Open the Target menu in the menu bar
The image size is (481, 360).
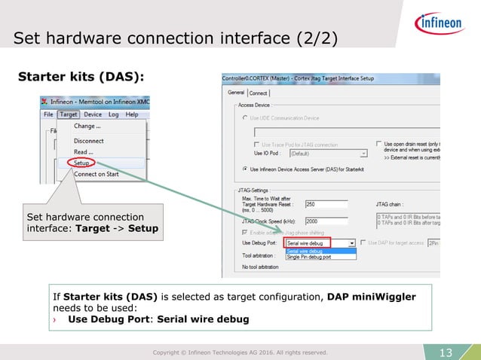pyautogui.click(x=69, y=114)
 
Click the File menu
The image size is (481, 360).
pyautogui.click(x=48, y=114)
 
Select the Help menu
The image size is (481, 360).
pyautogui.click(x=131, y=114)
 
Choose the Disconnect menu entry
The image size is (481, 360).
pyautogui.click(x=88, y=140)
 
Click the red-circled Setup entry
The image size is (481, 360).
pyautogui.click(x=82, y=162)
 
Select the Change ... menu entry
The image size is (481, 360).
pyautogui.click(x=87, y=127)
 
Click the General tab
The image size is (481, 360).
pyautogui.click(x=236, y=93)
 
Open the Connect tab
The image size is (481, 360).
pyautogui.click(x=259, y=93)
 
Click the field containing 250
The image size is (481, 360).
pyautogui.click(x=325, y=203)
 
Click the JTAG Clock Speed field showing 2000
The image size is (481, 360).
pyautogui.click(x=325, y=221)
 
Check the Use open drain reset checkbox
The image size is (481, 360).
pyautogui.click(x=378, y=143)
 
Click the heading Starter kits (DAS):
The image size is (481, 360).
pyautogui.click(x=81, y=77)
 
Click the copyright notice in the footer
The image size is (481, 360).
pyautogui.click(x=240, y=352)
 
